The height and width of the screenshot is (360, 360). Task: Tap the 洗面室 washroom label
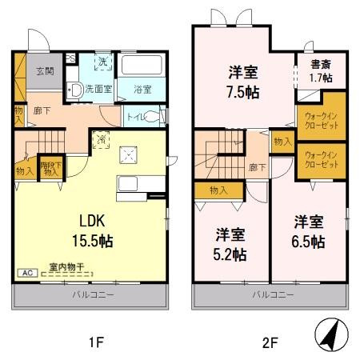[100, 89]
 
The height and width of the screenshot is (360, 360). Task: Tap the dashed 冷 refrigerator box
[102, 138]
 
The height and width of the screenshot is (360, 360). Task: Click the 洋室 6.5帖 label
[308, 230]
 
